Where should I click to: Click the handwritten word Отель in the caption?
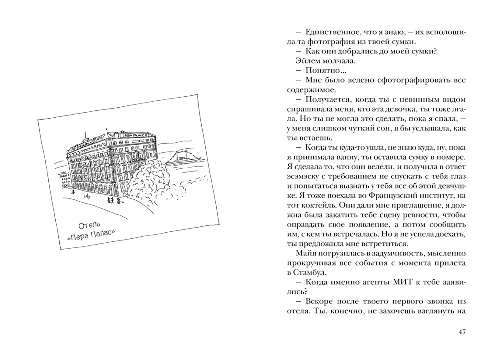(89, 225)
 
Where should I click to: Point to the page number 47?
(462, 332)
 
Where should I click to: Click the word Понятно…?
(322, 71)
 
